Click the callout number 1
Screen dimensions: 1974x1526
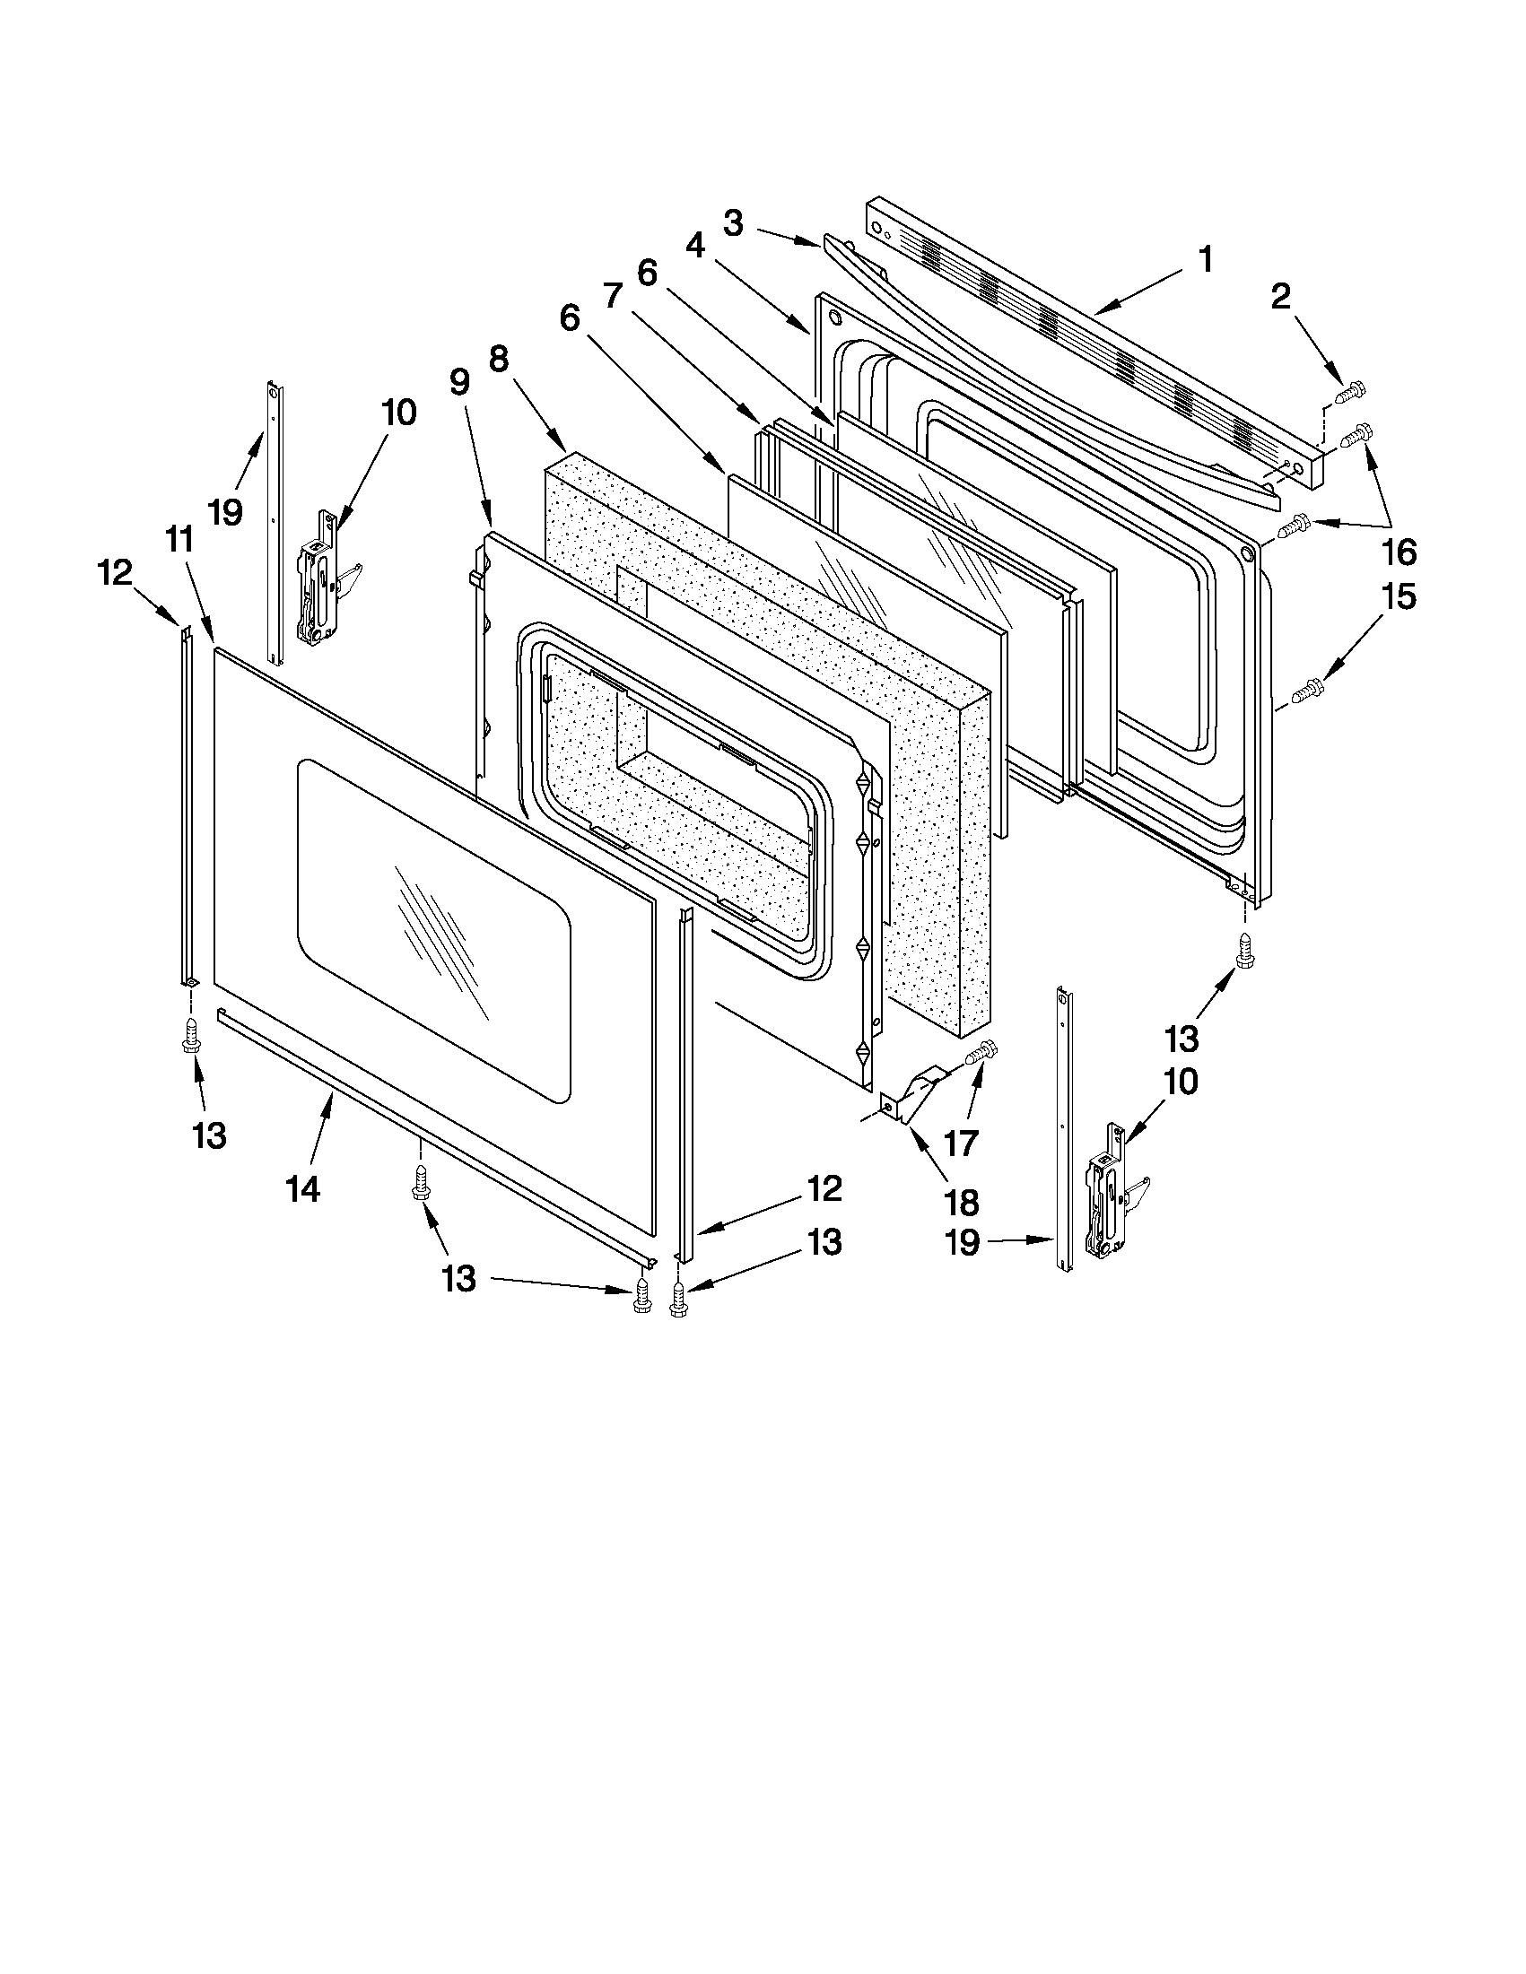(1205, 260)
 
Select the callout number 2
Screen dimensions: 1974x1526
(1280, 297)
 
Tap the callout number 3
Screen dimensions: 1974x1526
(733, 223)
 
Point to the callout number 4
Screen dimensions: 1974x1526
(695, 246)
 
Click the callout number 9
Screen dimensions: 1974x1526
(459, 383)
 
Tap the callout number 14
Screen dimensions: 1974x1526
(304, 1190)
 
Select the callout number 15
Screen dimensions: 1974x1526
(1399, 596)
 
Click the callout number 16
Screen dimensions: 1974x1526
(1399, 552)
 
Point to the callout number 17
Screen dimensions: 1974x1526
(961, 1143)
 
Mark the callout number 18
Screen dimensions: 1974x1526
(961, 1202)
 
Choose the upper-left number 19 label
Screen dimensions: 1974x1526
(225, 512)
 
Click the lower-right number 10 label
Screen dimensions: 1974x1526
(1175, 1081)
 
